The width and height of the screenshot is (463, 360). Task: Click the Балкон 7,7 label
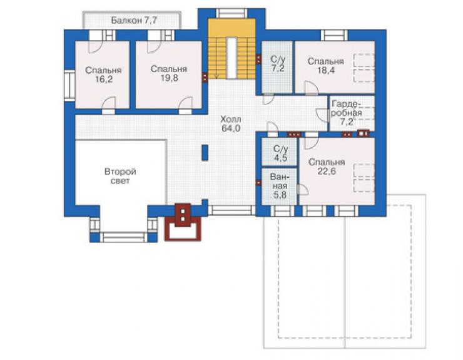pyautogui.click(x=134, y=21)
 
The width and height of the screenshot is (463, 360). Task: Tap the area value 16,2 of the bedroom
pyautogui.click(x=103, y=80)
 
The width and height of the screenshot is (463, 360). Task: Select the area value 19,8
pyautogui.click(x=169, y=78)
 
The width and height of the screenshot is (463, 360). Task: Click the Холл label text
pyautogui.click(x=231, y=120)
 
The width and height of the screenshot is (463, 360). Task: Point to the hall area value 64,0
pyautogui.click(x=231, y=128)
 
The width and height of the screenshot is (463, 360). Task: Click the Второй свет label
pyautogui.click(x=120, y=176)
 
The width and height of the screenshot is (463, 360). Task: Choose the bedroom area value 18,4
pyautogui.click(x=326, y=70)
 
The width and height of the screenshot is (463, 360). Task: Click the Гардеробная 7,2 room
pyautogui.click(x=352, y=113)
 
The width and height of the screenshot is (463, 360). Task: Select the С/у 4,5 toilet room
pyautogui.click(x=280, y=152)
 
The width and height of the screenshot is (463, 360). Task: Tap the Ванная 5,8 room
pyautogui.click(x=279, y=186)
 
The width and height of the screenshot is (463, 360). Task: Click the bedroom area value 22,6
pyautogui.click(x=327, y=171)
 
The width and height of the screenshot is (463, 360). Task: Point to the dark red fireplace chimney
pyautogui.click(x=183, y=222)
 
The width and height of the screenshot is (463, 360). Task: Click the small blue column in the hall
pyautogui.click(x=205, y=153)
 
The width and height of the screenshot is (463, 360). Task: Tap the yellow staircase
pyautogui.click(x=232, y=49)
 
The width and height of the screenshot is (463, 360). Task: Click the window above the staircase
pyautogui.click(x=232, y=13)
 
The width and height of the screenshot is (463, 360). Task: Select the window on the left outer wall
pyautogui.click(x=69, y=85)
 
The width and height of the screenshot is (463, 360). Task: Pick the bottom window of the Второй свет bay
pyautogui.click(x=123, y=237)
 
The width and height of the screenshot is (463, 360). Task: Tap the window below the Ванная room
pyautogui.click(x=283, y=211)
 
